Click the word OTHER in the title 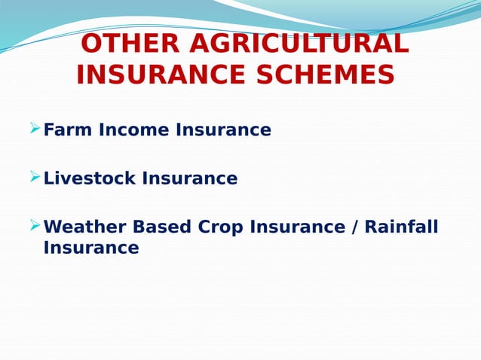[130, 44]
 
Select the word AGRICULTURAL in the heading [299, 44]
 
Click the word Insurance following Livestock [190, 178]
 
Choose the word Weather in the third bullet [81, 227]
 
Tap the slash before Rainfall [354, 227]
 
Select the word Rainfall [401, 227]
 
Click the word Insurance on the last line [91, 248]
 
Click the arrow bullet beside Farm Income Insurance [34, 129]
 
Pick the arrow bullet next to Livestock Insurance [34, 177]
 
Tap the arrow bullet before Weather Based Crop [34, 225]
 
